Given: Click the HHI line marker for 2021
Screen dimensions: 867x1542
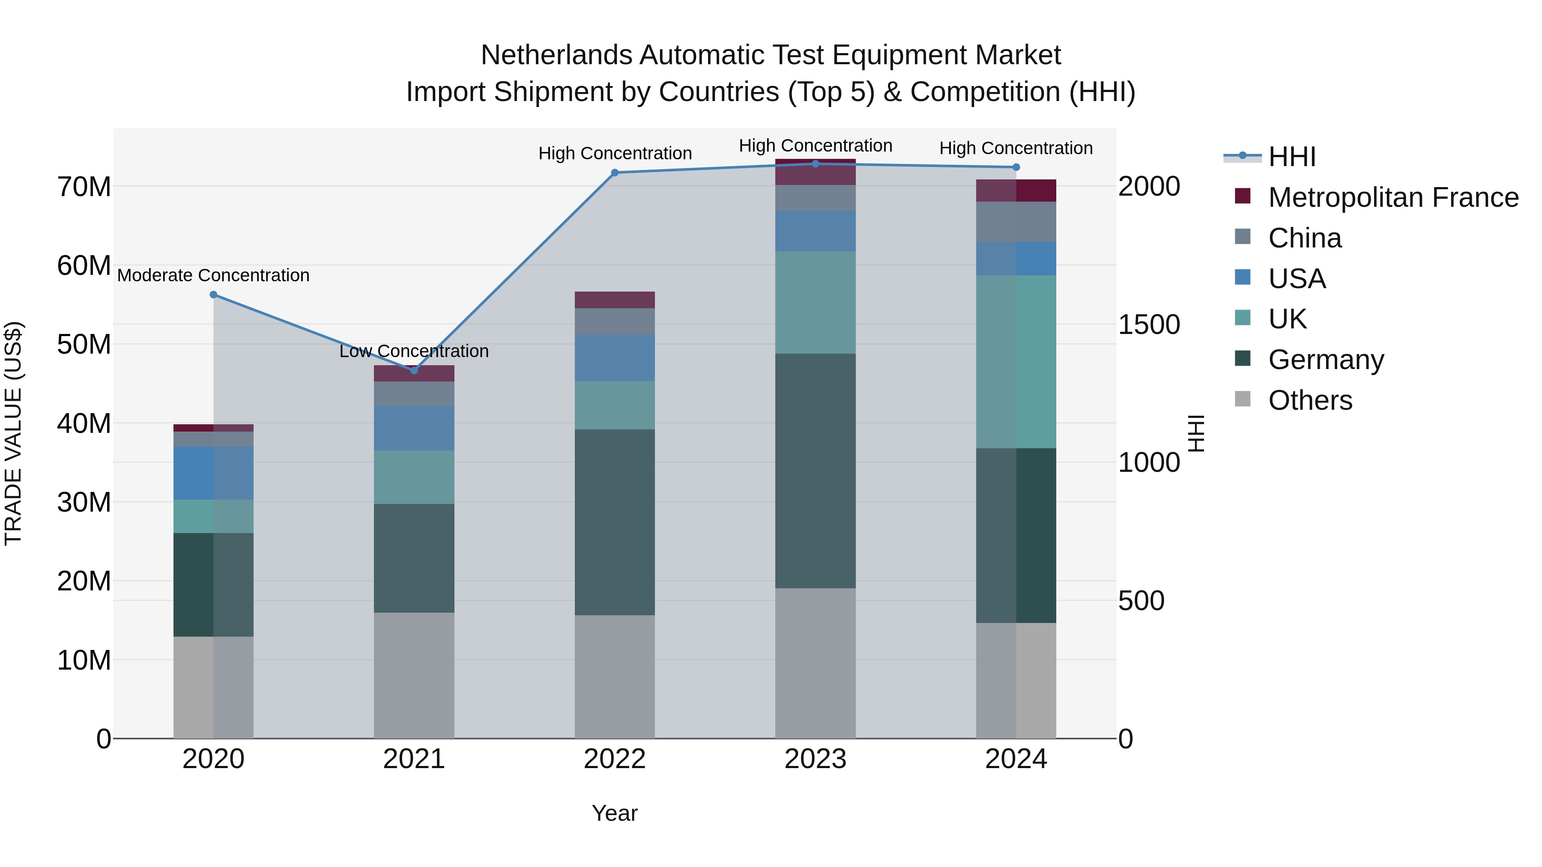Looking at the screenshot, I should [x=414, y=370].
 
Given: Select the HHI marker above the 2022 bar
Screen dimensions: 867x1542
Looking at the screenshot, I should [x=615, y=173].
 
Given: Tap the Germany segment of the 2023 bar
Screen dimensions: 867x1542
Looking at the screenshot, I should [x=815, y=471].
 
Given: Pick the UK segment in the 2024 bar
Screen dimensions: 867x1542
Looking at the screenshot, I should [x=1016, y=361].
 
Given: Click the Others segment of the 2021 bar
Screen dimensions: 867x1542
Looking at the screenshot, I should [x=414, y=675].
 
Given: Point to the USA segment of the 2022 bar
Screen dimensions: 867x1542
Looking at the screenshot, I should [x=615, y=358].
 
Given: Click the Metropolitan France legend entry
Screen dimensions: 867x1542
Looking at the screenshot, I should [x=1393, y=197].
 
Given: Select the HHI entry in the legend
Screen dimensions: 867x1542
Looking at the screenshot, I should [x=1292, y=157].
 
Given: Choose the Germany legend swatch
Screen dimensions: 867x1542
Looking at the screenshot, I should [x=1243, y=359].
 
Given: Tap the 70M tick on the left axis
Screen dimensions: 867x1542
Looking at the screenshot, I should [x=84, y=187].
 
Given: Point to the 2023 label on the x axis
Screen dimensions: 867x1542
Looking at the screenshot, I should [x=815, y=759].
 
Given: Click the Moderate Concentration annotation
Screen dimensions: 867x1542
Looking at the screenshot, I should [x=213, y=275].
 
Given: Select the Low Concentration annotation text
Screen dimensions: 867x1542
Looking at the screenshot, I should [x=414, y=351].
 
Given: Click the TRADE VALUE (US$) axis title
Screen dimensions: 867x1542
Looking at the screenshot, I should [x=13, y=433].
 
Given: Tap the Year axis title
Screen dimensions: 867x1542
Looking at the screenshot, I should [x=615, y=813].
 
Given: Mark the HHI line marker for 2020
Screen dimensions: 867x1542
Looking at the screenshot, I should [x=214, y=295].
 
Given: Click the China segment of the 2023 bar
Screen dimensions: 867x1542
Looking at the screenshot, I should [x=815, y=197].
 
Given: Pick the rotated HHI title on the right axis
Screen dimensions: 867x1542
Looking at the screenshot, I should [x=1195, y=433].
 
